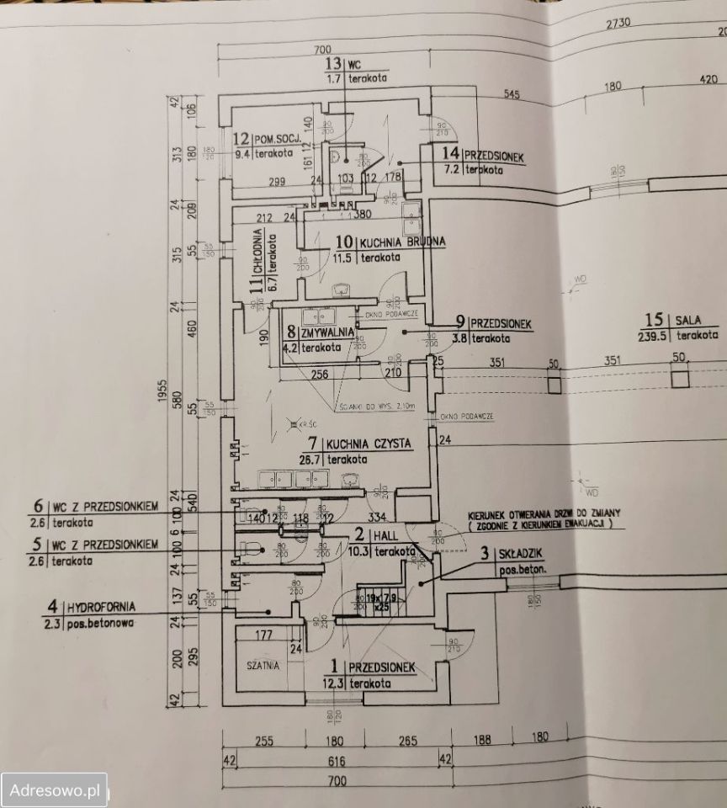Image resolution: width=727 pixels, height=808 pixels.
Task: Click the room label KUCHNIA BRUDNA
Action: pos(402,242)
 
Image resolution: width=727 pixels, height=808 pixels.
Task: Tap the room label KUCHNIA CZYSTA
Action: pos(369,444)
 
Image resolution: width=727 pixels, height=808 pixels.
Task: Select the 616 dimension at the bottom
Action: pos(336,760)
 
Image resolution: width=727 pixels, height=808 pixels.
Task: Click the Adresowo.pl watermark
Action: pos(55,791)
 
